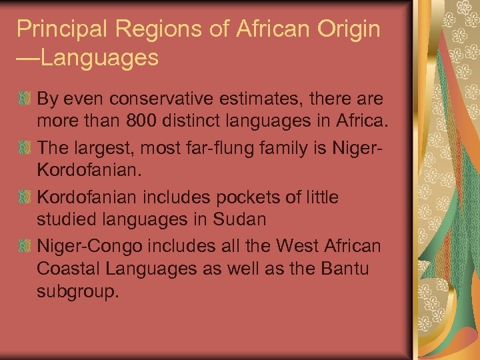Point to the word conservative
(155, 99)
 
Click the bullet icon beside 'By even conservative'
(24, 101)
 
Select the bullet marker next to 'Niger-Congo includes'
(24, 246)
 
